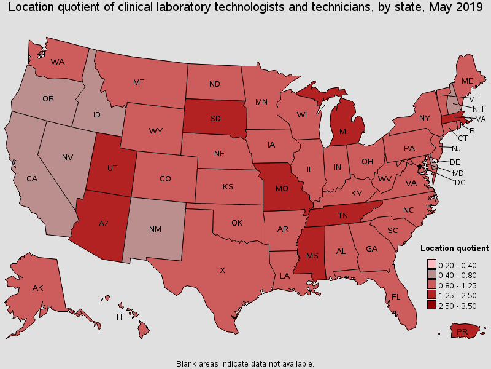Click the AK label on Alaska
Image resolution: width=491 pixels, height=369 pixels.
[38, 288]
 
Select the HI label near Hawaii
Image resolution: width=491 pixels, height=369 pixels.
[121, 317]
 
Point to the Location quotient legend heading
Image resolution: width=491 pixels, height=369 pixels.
[454, 248]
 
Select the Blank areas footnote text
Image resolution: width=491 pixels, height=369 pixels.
[245, 363]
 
